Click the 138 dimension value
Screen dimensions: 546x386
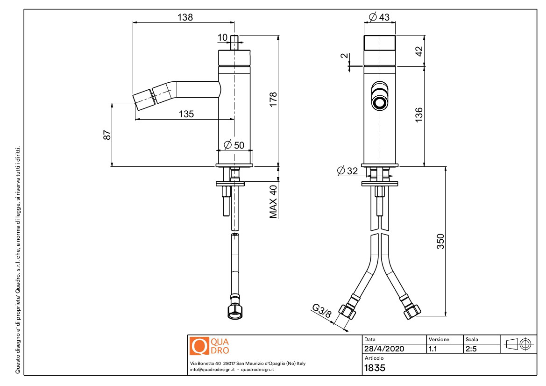185,17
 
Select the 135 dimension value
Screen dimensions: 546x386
186,114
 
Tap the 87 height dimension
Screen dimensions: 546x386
107,135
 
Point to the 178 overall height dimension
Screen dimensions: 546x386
273,99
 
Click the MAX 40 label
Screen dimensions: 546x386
273,202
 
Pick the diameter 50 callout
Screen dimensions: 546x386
234,144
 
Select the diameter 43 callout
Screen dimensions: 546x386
379,17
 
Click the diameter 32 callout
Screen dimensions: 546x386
347,171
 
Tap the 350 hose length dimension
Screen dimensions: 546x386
440,242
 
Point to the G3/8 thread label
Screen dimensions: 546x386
322,311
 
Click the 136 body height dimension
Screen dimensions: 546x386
419,115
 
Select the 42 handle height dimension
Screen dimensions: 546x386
419,51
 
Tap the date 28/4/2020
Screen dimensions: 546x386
384,349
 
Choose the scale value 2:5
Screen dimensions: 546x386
471,349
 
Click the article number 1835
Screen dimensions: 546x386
375,368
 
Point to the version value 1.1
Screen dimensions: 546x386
433,349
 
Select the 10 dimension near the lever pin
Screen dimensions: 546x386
222,37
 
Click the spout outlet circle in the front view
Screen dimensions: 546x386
380,103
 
